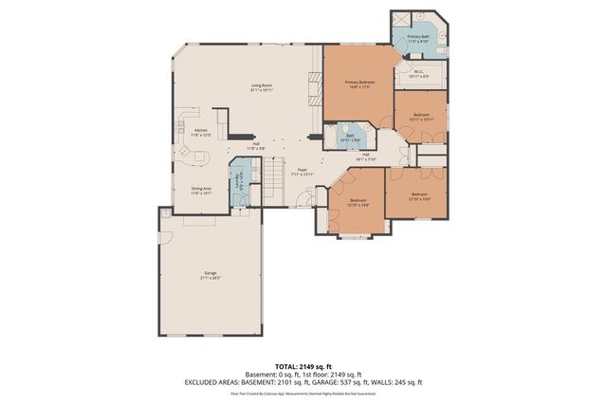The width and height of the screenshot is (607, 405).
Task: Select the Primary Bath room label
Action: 418,39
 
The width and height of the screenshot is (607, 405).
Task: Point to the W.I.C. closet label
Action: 418,73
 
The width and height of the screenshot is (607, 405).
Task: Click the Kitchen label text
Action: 201,132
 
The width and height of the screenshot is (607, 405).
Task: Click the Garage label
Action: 210,276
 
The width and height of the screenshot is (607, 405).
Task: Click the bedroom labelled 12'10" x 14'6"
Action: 359,201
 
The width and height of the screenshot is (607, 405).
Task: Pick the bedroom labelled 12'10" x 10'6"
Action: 419,197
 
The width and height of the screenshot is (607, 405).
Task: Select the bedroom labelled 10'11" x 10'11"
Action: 421,116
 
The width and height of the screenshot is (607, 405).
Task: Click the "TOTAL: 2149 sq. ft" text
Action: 303,364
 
